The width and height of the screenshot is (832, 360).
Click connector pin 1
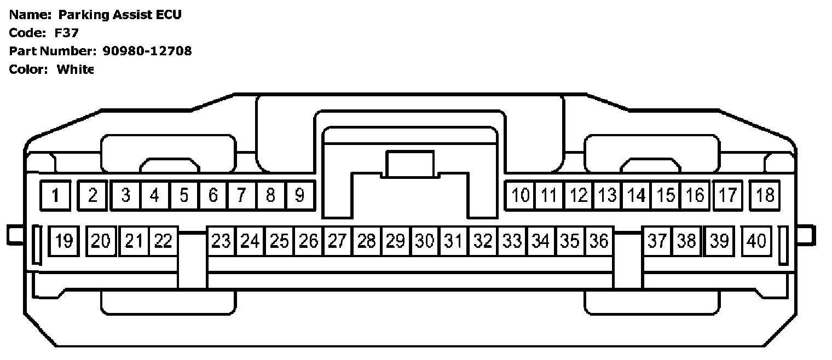pyautogui.click(x=56, y=195)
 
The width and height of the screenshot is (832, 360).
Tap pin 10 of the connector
pyautogui.click(x=521, y=195)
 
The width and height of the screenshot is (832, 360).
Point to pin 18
pyautogui.click(x=765, y=195)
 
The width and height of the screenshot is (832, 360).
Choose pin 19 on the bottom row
pyautogui.click(x=64, y=241)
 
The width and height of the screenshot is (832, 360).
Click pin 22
pyautogui.click(x=163, y=241)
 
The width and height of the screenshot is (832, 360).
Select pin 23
pyautogui.click(x=221, y=241)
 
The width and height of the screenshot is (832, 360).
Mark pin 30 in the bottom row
pyautogui.click(x=424, y=241)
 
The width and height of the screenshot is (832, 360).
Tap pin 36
pyautogui.click(x=599, y=241)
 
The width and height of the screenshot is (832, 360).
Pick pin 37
pyautogui.click(x=656, y=241)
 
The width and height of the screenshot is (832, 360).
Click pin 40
pyautogui.click(x=756, y=241)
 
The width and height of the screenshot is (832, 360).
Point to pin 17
pyautogui.click(x=727, y=195)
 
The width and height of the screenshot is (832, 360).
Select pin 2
pyautogui.click(x=93, y=195)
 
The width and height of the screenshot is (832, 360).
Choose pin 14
pyautogui.click(x=637, y=195)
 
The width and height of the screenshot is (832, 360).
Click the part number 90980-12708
pyautogui.click(x=147, y=51)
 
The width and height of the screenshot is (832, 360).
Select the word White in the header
pyautogui.click(x=75, y=69)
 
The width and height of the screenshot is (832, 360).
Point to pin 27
pyautogui.click(x=337, y=241)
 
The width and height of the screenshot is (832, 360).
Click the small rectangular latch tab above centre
pyautogui.click(x=410, y=164)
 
